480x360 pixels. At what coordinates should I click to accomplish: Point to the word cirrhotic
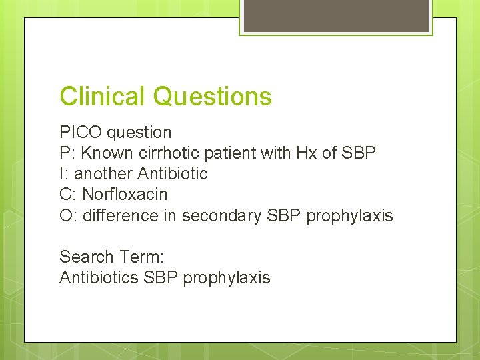[166, 153]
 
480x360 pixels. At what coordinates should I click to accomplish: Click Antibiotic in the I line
[173, 173]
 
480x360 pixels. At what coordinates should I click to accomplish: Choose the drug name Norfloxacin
[125, 195]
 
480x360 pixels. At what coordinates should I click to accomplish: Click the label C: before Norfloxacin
[68, 195]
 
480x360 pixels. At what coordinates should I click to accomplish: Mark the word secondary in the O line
[220, 215]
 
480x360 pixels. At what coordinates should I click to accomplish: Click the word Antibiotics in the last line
[99, 277]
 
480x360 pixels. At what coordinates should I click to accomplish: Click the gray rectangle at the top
[336, 15]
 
